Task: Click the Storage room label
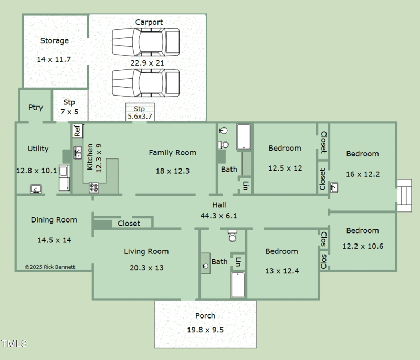coord(55,40)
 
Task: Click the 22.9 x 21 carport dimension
coord(148,63)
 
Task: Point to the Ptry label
coord(36,107)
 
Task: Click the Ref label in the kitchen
coord(77,130)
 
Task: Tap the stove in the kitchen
coord(94,187)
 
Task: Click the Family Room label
coord(172,153)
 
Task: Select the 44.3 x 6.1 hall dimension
coord(219,215)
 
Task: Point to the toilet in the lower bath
coord(233,237)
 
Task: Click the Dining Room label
coord(54,220)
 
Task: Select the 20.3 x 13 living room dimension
coord(146,268)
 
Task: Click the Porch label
coord(205,316)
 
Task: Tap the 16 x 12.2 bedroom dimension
coord(362,174)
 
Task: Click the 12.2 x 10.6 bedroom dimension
coord(362,246)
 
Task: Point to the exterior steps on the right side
coord(404,195)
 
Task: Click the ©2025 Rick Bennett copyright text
coord(50,267)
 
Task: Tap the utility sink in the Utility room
coord(36,189)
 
